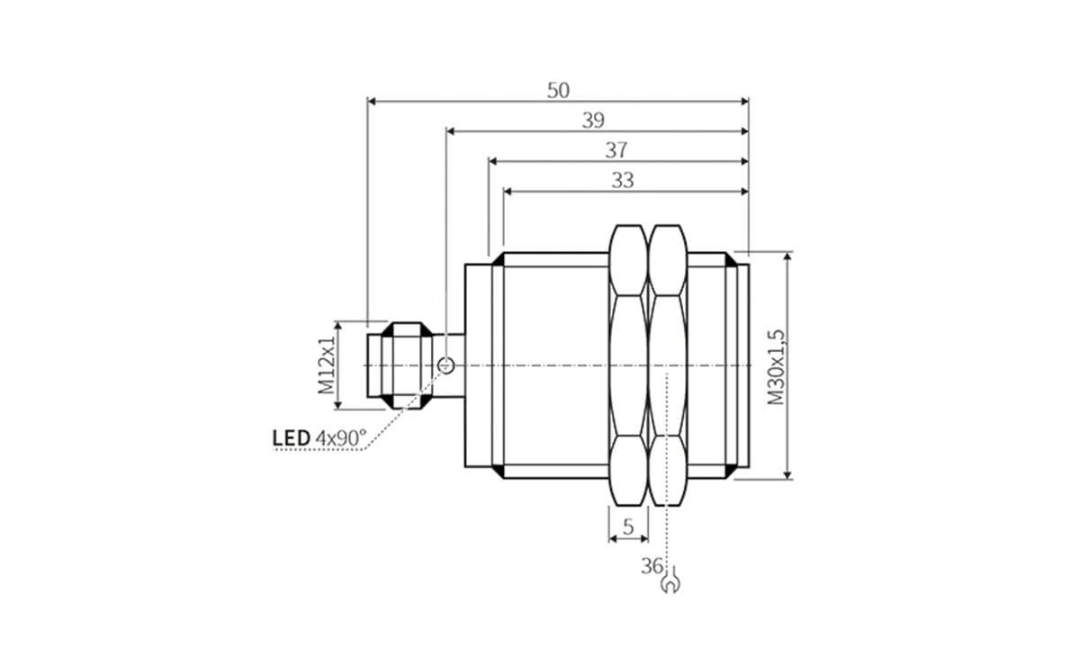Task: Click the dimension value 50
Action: point(558,90)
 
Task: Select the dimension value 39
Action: point(592,121)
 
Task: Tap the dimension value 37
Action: point(616,150)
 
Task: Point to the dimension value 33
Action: point(623,180)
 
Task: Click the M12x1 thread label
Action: point(326,365)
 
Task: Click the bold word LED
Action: point(291,438)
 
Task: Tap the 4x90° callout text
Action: point(341,438)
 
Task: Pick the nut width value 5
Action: point(628,527)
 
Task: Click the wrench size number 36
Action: point(652,566)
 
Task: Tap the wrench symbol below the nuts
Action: point(669,585)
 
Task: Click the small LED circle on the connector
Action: point(445,365)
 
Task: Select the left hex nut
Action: point(628,365)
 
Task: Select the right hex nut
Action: point(667,365)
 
